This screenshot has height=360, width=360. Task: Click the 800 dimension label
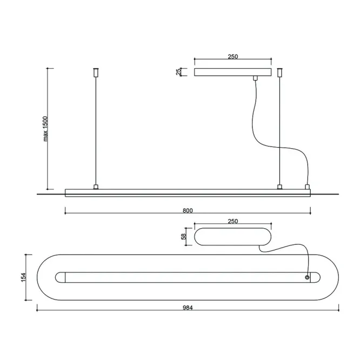point(188,210)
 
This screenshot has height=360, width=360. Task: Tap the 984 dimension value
point(188,308)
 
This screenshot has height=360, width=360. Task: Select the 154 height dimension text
point(23,277)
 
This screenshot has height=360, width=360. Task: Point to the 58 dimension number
point(183,236)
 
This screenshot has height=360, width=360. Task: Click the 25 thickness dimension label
point(178,72)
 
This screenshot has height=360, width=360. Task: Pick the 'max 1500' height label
point(45,129)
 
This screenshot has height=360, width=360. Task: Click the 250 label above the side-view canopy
point(233,56)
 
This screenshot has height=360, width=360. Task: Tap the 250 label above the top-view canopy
point(233,221)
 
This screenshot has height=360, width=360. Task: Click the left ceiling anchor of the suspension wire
point(96,72)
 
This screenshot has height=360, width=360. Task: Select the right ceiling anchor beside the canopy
point(279,72)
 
